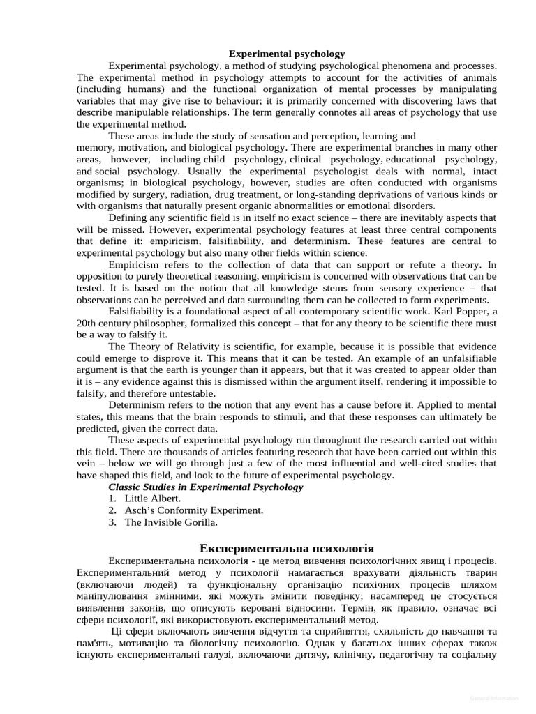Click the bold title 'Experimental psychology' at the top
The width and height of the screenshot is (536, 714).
pos(288,54)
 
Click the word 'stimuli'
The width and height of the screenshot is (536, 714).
pos(283,417)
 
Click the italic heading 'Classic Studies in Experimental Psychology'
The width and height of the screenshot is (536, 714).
pos(206,487)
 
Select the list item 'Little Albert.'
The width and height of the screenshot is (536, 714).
pos(153,499)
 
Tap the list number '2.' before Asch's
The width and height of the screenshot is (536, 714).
pos(112,510)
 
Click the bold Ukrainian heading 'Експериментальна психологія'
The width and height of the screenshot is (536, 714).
pos(287,549)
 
